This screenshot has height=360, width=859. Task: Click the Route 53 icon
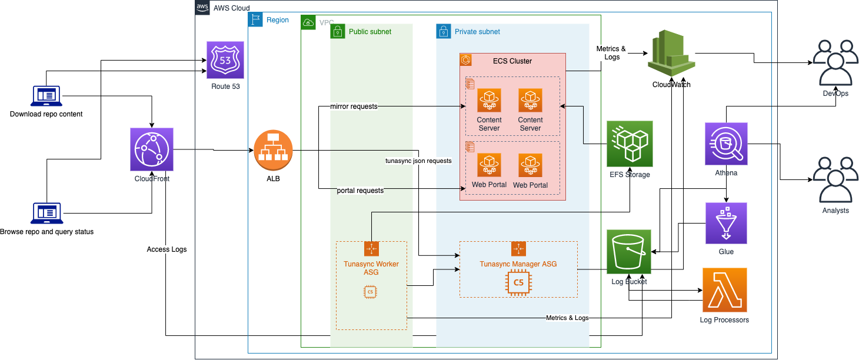click(225, 60)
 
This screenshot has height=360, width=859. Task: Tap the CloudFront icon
click(152, 149)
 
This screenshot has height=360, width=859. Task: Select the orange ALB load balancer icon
click(273, 149)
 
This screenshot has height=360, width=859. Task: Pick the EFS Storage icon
click(630, 144)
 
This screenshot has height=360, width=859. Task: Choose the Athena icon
click(726, 144)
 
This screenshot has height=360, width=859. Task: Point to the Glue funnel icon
click(726, 224)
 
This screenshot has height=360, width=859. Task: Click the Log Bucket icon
click(629, 251)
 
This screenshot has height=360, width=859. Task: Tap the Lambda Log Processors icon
click(724, 290)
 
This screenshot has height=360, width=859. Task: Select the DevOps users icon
click(835, 63)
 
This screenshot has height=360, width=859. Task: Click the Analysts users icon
click(835, 179)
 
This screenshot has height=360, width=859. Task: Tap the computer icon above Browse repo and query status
click(46, 212)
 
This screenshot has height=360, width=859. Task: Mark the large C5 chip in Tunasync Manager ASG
click(518, 282)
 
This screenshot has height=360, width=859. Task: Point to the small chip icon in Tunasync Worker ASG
click(371, 291)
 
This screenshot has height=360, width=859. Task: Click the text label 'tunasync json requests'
click(418, 161)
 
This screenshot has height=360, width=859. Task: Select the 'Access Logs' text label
click(167, 249)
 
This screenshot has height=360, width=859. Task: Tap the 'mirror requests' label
click(353, 106)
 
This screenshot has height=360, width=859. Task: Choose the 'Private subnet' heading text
click(477, 32)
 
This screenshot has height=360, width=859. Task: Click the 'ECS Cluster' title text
click(512, 61)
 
